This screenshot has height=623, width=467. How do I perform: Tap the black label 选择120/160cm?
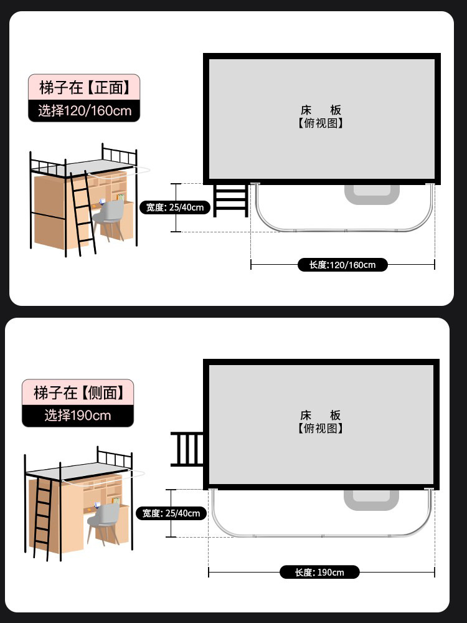pyautogui.click(x=84, y=111)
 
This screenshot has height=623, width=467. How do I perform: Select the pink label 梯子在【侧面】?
pyautogui.click(x=78, y=392)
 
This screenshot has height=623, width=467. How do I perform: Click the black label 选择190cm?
pyautogui.click(x=78, y=415)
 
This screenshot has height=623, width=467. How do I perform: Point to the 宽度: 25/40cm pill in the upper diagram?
pyautogui.click(x=175, y=207)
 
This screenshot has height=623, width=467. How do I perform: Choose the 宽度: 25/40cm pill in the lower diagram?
pyautogui.click(x=171, y=513)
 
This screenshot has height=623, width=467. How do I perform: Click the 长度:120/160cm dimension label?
pyautogui.click(x=342, y=265)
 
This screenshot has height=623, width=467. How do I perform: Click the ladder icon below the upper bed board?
pyautogui.click(x=230, y=199)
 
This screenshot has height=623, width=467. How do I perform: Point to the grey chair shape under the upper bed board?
pyautogui.click(x=372, y=194)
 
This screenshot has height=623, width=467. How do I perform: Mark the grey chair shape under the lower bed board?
pyautogui.click(x=371, y=500)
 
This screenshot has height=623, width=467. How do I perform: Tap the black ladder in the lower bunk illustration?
pyautogui.click(x=43, y=517)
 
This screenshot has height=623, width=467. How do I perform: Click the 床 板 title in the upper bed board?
pyautogui.click(x=321, y=110)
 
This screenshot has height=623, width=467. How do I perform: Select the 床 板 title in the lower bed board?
pyautogui.click(x=321, y=415)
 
